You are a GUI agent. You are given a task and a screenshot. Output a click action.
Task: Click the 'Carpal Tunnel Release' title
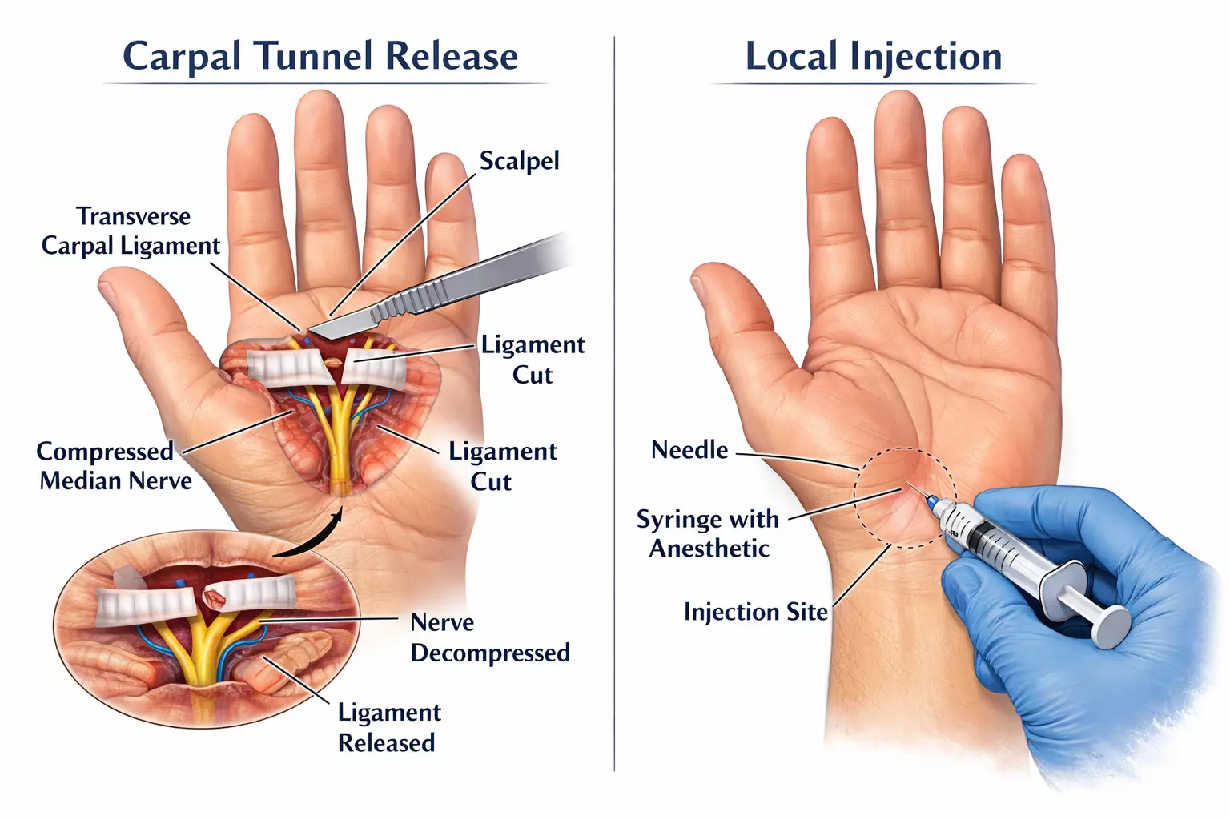(x=320, y=56)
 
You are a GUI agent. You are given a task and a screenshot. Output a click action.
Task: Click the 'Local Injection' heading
(x=874, y=56)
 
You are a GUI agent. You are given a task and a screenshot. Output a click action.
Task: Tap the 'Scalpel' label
(x=519, y=161)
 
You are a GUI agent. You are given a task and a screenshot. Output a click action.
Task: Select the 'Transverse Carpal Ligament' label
(x=131, y=231)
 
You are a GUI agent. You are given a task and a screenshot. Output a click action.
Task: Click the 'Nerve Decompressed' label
(x=489, y=637)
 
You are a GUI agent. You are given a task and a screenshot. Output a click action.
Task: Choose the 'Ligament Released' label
(x=388, y=727)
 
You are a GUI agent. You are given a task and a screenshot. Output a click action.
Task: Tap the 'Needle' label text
(x=689, y=450)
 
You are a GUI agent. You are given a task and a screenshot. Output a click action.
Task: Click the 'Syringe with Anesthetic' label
(x=708, y=533)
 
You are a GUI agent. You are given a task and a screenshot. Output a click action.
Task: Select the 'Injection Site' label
(x=755, y=612)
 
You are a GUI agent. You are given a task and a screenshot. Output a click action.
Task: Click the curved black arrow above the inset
(x=312, y=537)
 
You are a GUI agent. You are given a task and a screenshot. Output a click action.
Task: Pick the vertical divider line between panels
(x=614, y=400)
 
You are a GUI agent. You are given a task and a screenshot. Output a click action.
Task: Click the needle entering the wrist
(x=918, y=492)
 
